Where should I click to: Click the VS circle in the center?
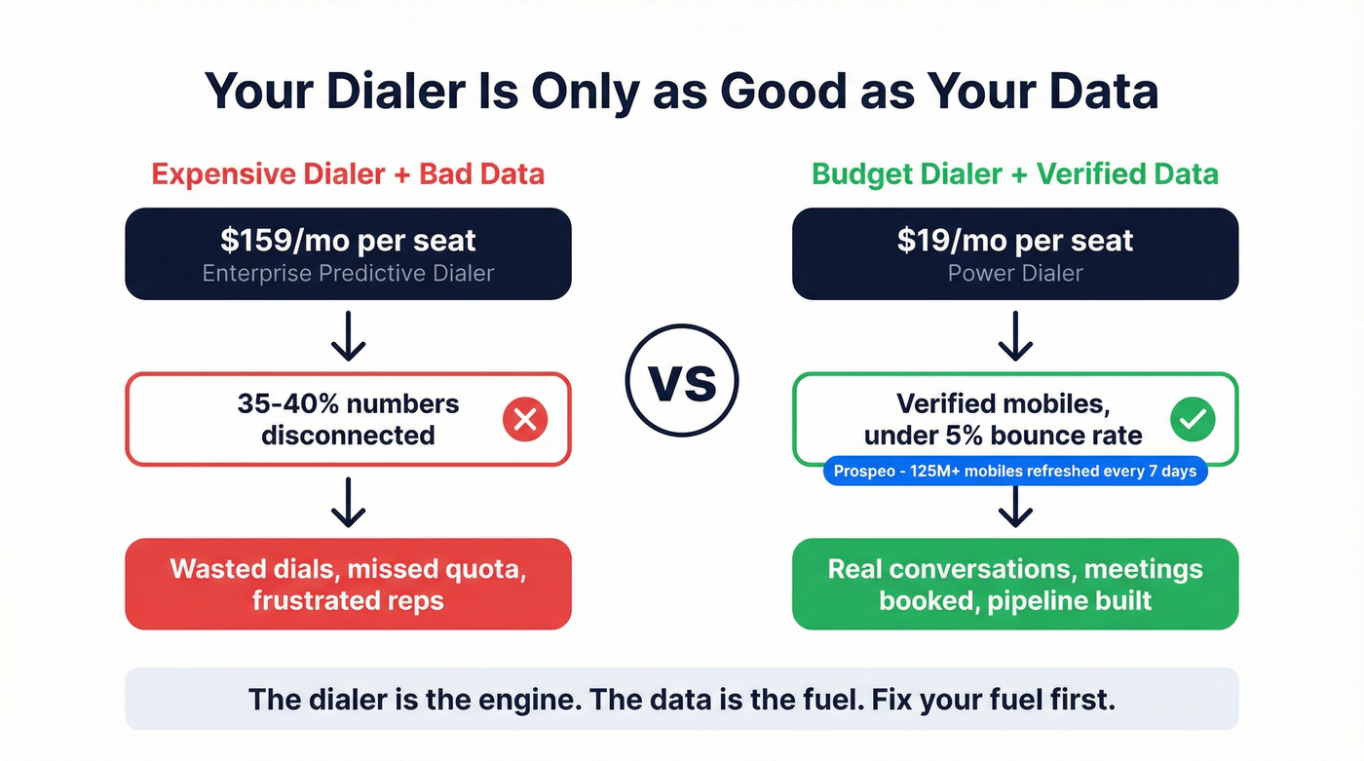point(682,380)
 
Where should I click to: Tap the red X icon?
point(524,420)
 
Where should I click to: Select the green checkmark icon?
point(1192,420)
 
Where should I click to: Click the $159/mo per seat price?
point(348,241)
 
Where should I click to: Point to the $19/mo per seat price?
point(1015,241)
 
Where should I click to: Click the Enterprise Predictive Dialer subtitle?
point(348,273)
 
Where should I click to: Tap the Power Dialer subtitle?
point(1015,273)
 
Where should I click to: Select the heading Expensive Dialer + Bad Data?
point(348,174)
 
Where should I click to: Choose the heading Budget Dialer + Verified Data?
point(1015,174)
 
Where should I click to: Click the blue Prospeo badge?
point(1015,472)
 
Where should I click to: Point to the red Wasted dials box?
point(348,584)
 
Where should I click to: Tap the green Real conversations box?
point(1015,584)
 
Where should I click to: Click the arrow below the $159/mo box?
point(348,336)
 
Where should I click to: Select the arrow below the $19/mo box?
point(1015,336)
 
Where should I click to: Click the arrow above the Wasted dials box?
point(348,503)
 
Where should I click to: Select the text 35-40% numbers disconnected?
point(348,419)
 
